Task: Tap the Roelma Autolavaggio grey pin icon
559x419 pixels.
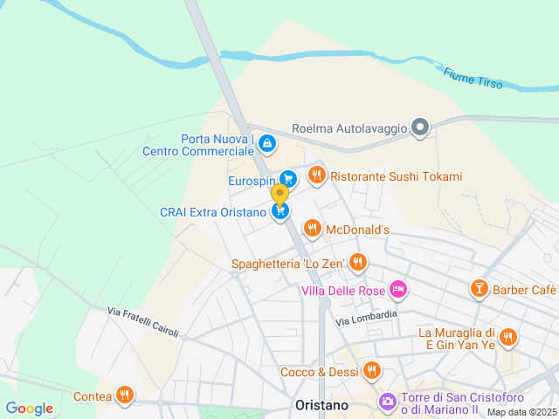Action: [x=420, y=128]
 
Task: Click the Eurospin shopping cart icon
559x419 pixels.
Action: [x=288, y=179]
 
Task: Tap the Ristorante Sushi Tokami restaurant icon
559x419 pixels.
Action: [x=316, y=175]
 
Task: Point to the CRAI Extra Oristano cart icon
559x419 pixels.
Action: [x=279, y=211]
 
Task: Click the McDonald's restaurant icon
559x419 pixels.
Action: [x=312, y=229]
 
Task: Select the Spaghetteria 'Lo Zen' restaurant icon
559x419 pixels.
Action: [x=357, y=262]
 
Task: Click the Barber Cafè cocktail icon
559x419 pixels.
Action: [x=479, y=289]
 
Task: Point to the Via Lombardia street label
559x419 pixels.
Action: [x=367, y=319]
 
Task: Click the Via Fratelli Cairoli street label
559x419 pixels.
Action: [x=142, y=322]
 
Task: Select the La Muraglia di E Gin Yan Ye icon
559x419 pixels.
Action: [x=508, y=337]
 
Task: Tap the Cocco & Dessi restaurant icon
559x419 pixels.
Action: [x=372, y=371]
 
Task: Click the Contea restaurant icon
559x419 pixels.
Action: [x=125, y=395]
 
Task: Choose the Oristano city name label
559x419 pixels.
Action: [x=321, y=406]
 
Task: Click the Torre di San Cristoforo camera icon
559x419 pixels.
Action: [x=386, y=402]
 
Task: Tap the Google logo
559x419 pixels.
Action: [x=29, y=409]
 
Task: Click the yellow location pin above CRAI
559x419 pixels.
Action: [x=279, y=194]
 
